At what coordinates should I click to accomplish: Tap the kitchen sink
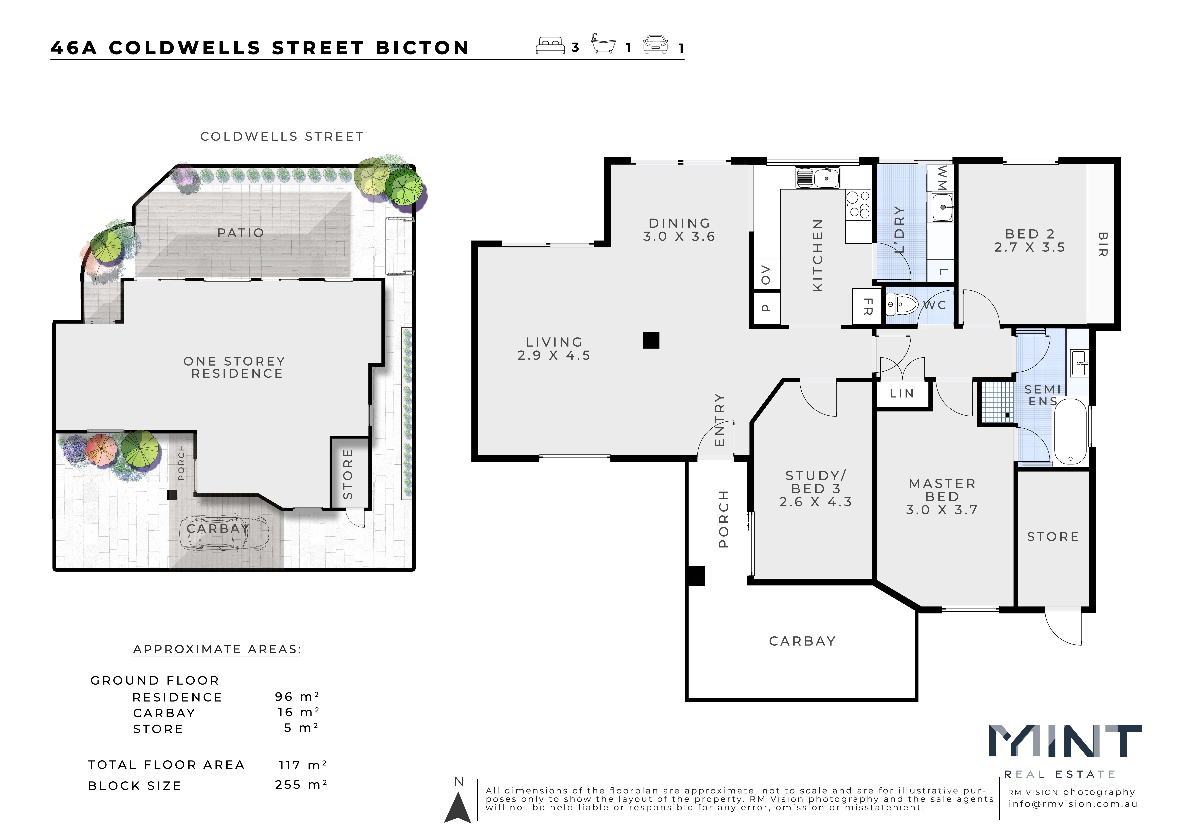pos(817,178)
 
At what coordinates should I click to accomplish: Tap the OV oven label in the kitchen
pos(766,274)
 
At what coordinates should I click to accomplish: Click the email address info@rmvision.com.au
pos(1073,804)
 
